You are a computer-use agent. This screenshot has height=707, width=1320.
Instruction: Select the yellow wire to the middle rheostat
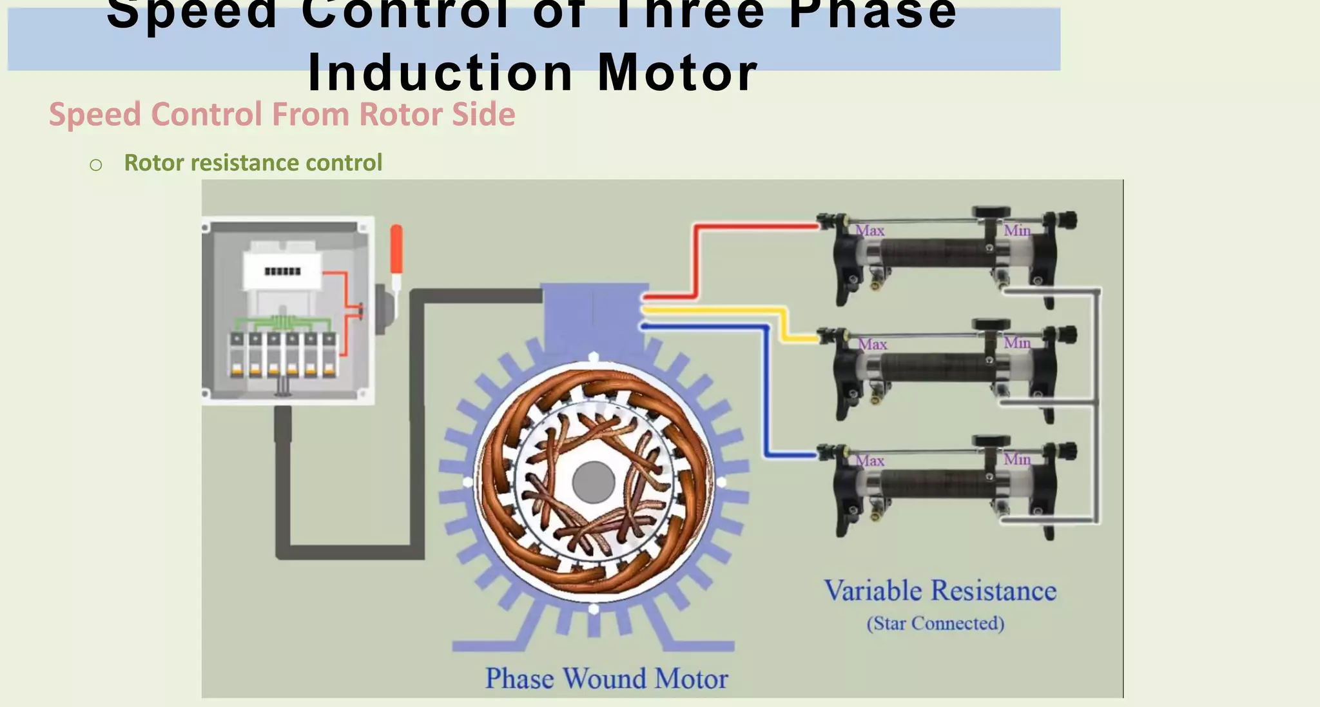pos(715,311)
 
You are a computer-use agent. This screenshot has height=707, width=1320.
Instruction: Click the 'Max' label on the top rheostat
pos(869,231)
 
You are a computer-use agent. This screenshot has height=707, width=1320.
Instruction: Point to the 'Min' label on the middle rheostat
pos(1017,343)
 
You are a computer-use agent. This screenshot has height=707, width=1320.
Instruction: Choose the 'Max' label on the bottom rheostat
pos(869,461)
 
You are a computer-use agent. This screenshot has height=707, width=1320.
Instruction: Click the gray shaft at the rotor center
pos(593,481)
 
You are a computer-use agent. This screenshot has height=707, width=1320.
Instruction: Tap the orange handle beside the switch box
pos(396,249)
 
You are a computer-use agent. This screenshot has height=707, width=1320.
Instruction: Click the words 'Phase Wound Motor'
pos(607,679)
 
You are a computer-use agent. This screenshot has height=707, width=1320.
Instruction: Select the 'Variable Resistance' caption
pos(940,591)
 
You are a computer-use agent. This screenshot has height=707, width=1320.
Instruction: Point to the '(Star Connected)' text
pos(935,623)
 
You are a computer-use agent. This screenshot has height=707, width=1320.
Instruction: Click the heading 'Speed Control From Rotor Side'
pos(282,115)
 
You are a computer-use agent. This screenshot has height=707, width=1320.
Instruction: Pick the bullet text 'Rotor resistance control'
pos(253,163)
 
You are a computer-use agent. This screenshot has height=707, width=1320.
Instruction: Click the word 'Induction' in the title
pos(440,72)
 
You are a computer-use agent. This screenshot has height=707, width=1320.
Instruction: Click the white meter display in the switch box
pos(282,271)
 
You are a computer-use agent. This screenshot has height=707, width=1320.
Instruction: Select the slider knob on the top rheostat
pos(991,212)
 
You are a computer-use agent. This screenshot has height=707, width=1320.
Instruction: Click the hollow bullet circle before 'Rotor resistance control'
pos(96,166)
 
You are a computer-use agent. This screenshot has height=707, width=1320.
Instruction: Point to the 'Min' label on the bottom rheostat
pos(1017,460)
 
